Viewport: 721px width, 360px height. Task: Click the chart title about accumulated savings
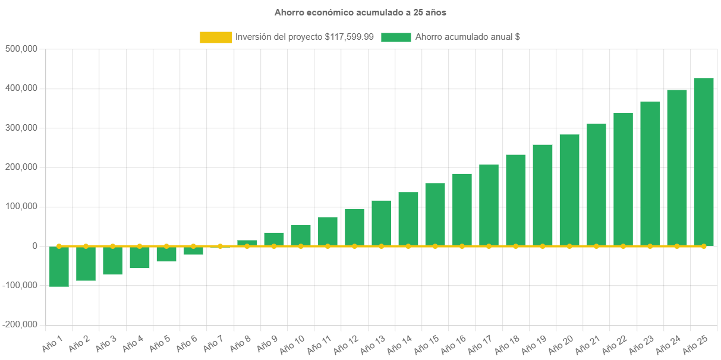tap(360, 12)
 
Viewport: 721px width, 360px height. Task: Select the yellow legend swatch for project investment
tap(216, 37)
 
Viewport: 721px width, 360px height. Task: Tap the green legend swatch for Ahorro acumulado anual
tap(396, 37)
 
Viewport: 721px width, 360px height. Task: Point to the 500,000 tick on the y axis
tap(21, 48)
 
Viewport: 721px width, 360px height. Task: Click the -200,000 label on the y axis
tap(20, 324)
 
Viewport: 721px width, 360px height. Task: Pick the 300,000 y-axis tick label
tap(21, 127)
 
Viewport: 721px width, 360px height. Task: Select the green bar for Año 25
tap(704, 162)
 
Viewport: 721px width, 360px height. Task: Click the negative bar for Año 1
tap(59, 267)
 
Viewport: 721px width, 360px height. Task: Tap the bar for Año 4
tap(140, 258)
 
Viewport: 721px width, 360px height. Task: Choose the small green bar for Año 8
tap(247, 243)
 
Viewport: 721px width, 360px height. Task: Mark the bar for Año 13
tap(382, 223)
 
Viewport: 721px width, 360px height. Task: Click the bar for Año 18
tap(516, 200)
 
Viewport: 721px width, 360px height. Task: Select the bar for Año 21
tap(596, 185)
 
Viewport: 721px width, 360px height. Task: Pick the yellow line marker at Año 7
tap(221, 246)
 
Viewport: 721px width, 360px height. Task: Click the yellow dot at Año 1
tap(59, 246)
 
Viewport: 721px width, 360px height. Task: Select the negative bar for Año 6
tap(193, 251)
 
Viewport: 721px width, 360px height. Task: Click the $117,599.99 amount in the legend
tap(350, 37)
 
